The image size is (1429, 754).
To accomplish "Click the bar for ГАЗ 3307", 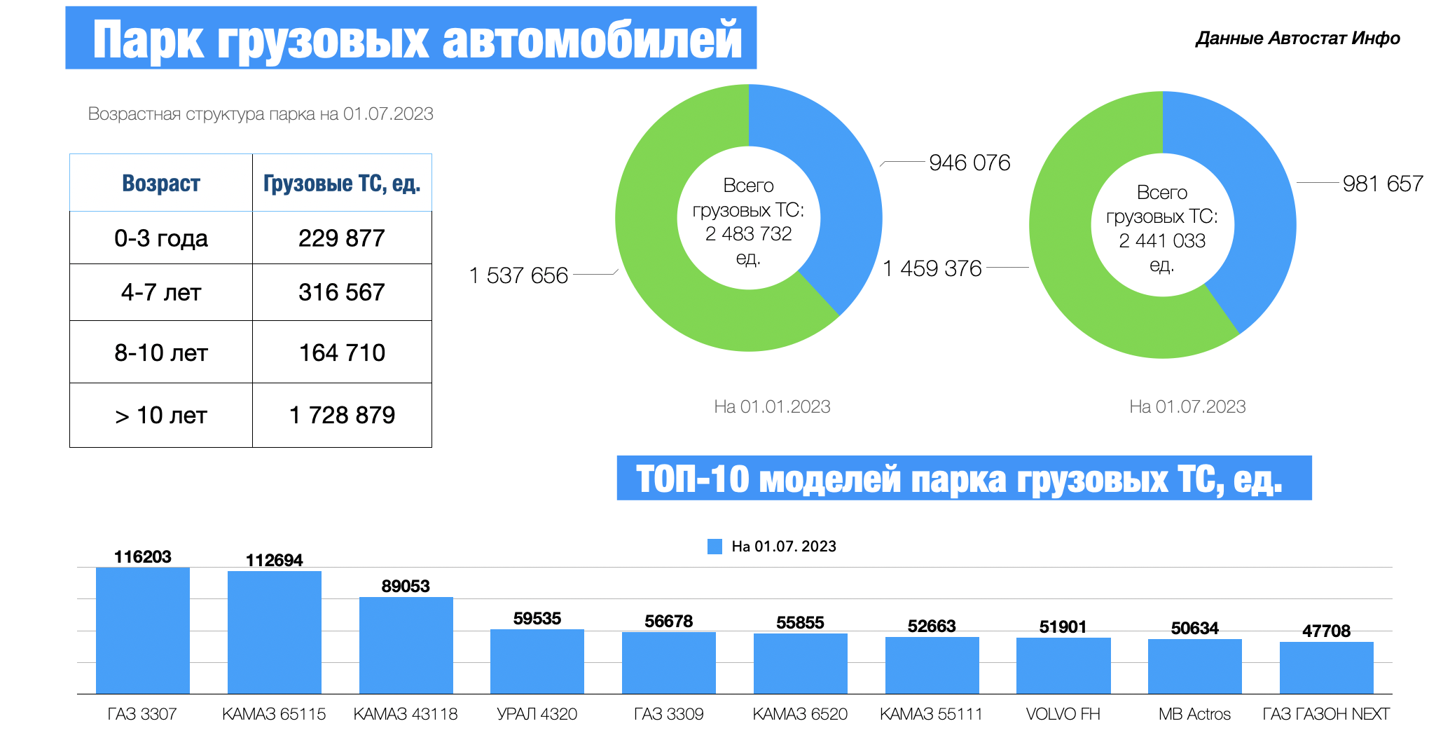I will (143, 631).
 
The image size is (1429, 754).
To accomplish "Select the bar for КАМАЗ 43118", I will (406, 645).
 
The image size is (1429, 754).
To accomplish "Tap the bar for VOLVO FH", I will (1063, 666).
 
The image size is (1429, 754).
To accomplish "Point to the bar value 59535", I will (537, 619).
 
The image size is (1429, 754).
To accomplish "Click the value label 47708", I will (1326, 631).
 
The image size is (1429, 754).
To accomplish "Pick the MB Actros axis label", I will (1194, 714).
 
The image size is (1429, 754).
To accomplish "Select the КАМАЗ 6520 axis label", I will (800, 714).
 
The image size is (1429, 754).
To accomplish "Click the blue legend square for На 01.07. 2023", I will (714, 547).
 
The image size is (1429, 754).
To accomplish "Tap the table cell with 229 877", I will (342, 238).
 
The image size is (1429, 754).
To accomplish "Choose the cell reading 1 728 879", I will (342, 416).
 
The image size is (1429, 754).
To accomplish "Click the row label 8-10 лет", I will (161, 352).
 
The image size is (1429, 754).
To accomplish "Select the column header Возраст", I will (161, 184).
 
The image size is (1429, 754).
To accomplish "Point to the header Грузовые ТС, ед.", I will (342, 184).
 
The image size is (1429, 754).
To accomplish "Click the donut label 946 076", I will (969, 163).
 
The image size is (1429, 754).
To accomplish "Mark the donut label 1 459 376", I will (932, 268).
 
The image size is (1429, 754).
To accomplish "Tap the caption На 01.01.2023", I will (772, 406).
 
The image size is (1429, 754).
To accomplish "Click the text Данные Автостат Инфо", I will (1297, 39).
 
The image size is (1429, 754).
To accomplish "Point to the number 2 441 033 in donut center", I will (1162, 241).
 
